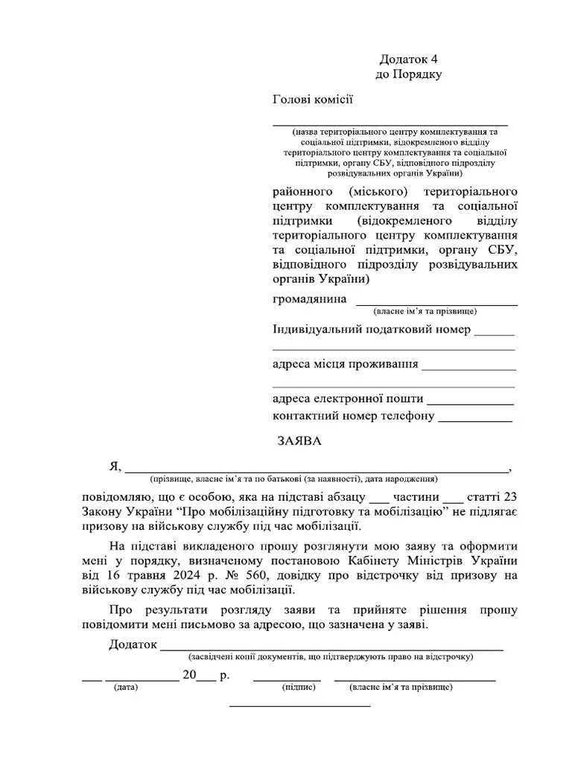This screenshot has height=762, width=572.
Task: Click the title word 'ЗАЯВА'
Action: click(x=299, y=441)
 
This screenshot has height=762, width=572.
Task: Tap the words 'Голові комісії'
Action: click(x=313, y=100)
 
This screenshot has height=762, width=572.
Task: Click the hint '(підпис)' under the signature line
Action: click(x=299, y=688)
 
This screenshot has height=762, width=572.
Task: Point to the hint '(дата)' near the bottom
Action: click(x=125, y=688)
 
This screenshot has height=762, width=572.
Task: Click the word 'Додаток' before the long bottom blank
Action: click(x=133, y=644)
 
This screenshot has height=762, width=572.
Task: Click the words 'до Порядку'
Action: click(x=409, y=74)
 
